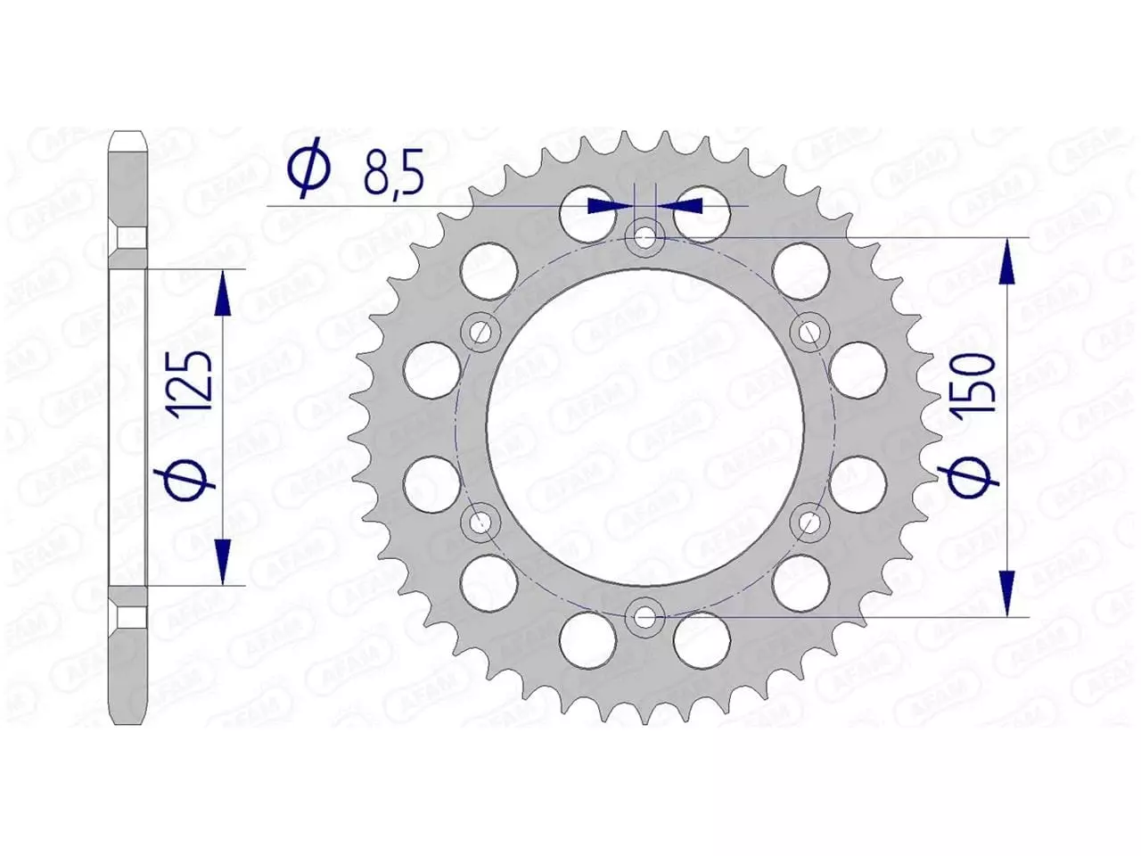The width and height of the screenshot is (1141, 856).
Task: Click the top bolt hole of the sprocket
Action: [x=644, y=238]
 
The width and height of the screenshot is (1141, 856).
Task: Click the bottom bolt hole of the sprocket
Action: [x=644, y=615]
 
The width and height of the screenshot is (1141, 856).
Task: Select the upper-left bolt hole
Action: [x=480, y=333]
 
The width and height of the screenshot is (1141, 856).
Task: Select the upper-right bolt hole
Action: [x=808, y=333]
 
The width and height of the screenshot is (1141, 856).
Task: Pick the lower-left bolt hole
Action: [x=480, y=521]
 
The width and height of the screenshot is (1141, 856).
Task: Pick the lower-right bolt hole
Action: [x=808, y=521]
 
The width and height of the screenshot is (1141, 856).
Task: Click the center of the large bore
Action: [x=644, y=427]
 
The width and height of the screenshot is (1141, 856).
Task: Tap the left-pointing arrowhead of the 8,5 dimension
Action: [x=683, y=206]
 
